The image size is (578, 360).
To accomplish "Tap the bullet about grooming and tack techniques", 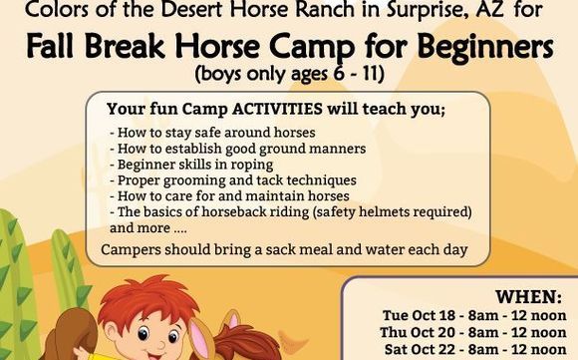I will point(247,180).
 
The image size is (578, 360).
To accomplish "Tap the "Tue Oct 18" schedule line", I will point(472,315).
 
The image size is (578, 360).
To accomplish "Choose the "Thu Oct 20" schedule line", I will point(472,332).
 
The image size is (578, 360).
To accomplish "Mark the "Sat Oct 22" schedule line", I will point(472,349).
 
